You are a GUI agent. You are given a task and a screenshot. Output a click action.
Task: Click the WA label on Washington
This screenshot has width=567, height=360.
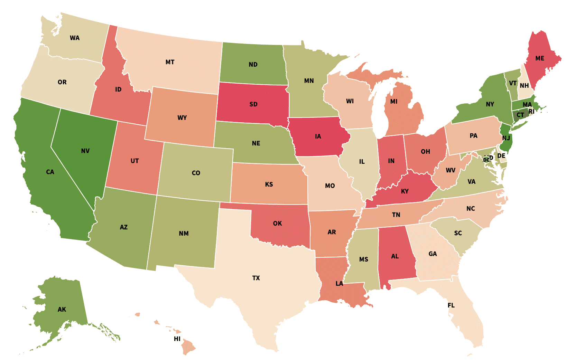click(x=75, y=38)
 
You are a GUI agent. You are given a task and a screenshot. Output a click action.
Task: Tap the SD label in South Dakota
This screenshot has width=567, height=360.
click(x=253, y=104)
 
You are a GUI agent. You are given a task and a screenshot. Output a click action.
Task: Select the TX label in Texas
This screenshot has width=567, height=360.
click(x=256, y=278)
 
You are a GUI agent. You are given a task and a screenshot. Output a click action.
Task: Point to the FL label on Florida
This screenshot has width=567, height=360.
click(x=451, y=305)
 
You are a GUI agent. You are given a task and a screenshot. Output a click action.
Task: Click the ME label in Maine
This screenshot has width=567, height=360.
click(x=540, y=58)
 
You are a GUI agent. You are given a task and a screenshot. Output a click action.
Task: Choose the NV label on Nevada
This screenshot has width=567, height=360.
click(x=85, y=151)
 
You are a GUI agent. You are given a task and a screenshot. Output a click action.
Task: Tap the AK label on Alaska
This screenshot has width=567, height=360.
click(x=62, y=310)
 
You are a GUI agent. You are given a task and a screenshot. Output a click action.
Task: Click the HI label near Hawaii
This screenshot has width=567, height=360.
click(x=177, y=339)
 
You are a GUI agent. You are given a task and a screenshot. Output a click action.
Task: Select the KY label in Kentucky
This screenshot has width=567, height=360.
click(x=405, y=191)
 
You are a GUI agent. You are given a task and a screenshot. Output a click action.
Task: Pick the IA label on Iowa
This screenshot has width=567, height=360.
click(x=318, y=136)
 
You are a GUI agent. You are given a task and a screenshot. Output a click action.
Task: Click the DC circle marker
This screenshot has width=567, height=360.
click(x=486, y=160)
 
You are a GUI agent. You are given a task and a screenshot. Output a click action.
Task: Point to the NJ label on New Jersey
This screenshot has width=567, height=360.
click(x=506, y=138)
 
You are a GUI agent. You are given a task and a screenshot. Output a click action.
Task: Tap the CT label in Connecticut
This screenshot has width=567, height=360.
click(x=520, y=115)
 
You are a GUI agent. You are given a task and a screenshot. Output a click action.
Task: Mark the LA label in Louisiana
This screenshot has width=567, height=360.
click(x=340, y=284)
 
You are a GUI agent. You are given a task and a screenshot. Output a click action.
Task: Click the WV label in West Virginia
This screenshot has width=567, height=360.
click(x=450, y=170)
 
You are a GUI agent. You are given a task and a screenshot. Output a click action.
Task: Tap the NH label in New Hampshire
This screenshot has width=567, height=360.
click(x=524, y=86)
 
